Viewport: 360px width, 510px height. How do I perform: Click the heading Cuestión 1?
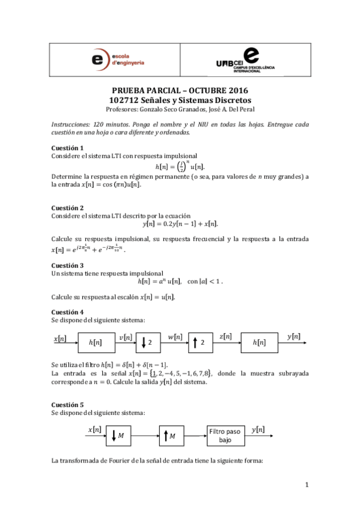[x=67, y=147]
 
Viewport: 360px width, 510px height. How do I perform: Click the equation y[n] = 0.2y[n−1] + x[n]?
[x=180, y=224]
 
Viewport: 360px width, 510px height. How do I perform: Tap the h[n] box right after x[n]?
[x=95, y=342]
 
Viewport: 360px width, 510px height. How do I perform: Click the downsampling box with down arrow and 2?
[x=147, y=342]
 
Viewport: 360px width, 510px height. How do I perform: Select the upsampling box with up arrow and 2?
[x=199, y=342]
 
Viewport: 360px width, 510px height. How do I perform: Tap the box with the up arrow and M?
[x=172, y=435]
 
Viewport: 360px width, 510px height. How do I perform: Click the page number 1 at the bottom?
[x=307, y=485]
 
